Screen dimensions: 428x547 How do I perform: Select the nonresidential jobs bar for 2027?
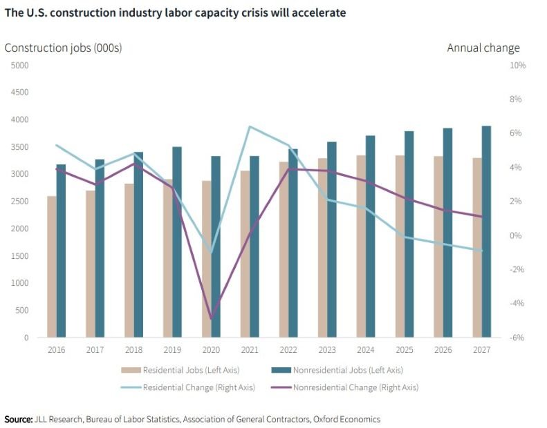pyautogui.click(x=487, y=231)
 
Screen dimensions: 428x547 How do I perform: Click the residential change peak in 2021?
pyautogui.click(x=250, y=126)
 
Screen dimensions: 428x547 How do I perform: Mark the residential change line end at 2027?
pyautogui.click(x=482, y=251)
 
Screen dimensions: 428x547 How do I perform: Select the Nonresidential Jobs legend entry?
pyautogui.click(x=339, y=370)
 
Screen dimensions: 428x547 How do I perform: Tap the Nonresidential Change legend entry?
pyautogui.click(x=346, y=387)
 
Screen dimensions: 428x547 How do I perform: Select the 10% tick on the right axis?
pyautogui.click(x=518, y=66)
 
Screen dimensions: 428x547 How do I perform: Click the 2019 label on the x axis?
pyautogui.click(x=172, y=351)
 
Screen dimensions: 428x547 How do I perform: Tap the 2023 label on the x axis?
pyautogui.click(x=327, y=351)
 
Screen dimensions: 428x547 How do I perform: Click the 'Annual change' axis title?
pyautogui.click(x=483, y=48)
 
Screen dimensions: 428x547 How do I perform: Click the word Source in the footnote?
pyautogui.click(x=19, y=419)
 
